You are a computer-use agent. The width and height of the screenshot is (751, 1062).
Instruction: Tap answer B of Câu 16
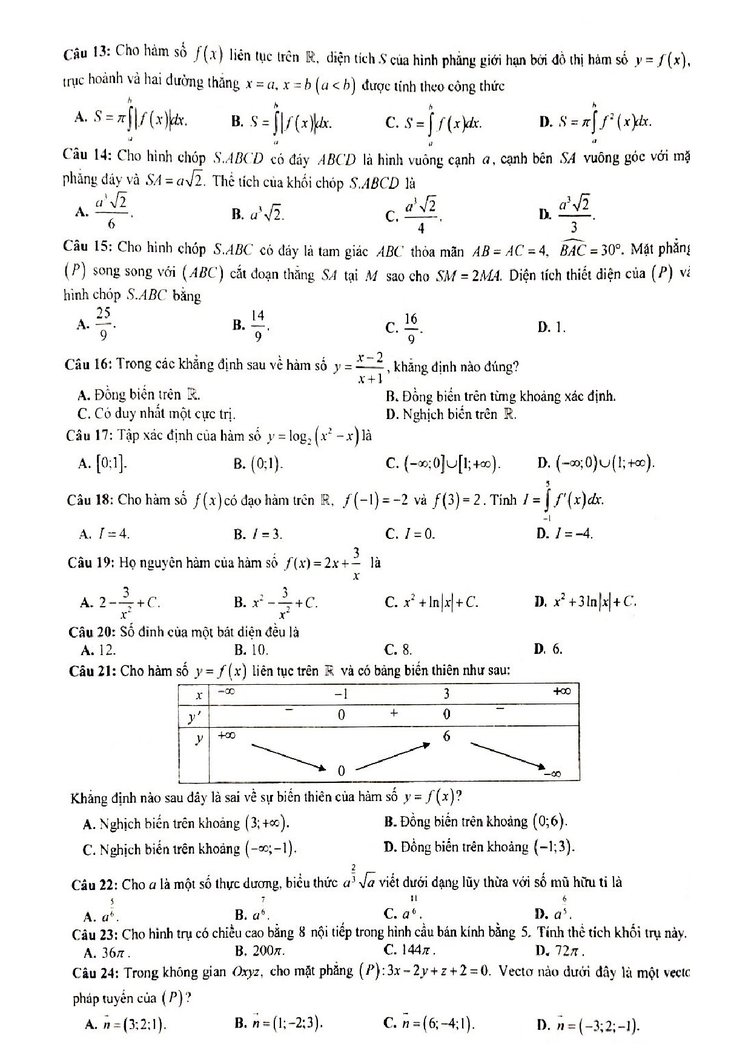point(500,397)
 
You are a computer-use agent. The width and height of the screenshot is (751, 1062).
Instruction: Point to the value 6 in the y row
point(446,736)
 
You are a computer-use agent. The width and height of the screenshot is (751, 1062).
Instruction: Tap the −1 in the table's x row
point(341,693)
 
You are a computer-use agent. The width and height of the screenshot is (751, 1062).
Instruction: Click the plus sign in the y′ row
point(394,713)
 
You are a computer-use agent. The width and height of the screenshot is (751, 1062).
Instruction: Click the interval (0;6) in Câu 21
point(550,822)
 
